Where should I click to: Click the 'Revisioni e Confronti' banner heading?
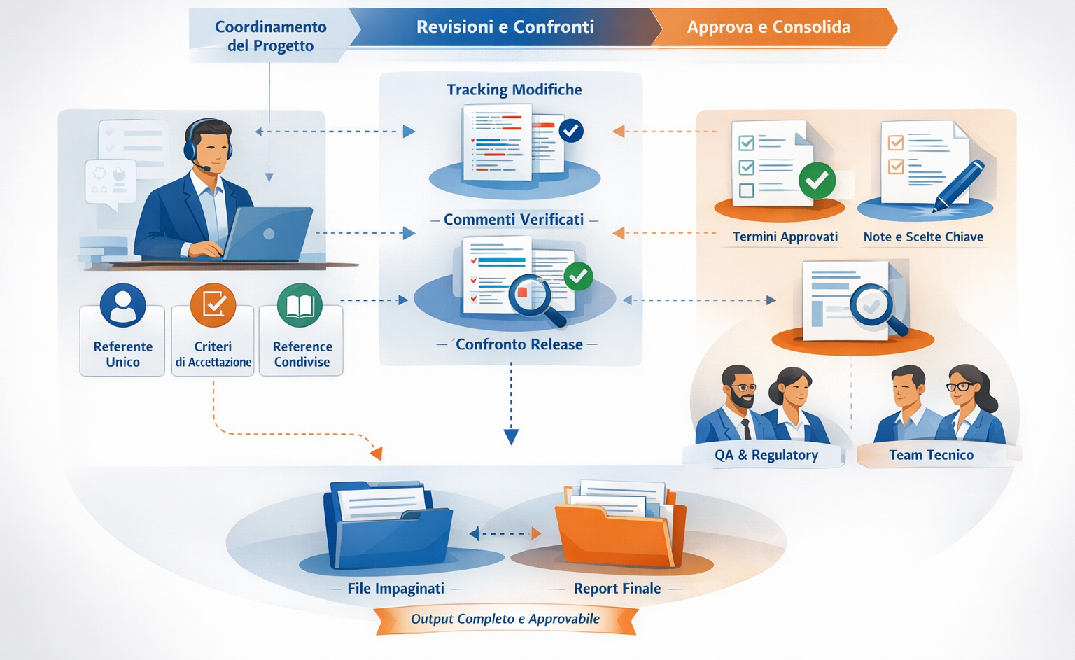tap(505, 27)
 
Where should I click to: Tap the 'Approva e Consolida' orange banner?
tap(768, 27)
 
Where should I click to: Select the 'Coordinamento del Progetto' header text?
tap(270, 36)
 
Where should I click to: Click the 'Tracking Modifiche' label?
tap(514, 90)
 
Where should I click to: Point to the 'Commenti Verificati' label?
tap(514, 220)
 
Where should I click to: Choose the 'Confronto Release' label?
tap(519, 344)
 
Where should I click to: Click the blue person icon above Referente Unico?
tap(123, 305)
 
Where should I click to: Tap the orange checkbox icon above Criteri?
tap(213, 305)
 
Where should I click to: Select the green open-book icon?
tap(300, 305)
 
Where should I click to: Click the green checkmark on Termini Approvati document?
tap(817, 181)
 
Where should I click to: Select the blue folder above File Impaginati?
tap(387, 526)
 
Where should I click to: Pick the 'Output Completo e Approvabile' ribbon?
tap(505, 619)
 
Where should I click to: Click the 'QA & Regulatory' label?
tap(766, 455)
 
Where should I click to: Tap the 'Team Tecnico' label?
tap(931, 455)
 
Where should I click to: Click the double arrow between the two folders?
tap(505, 534)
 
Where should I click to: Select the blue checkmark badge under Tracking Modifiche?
tap(571, 130)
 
